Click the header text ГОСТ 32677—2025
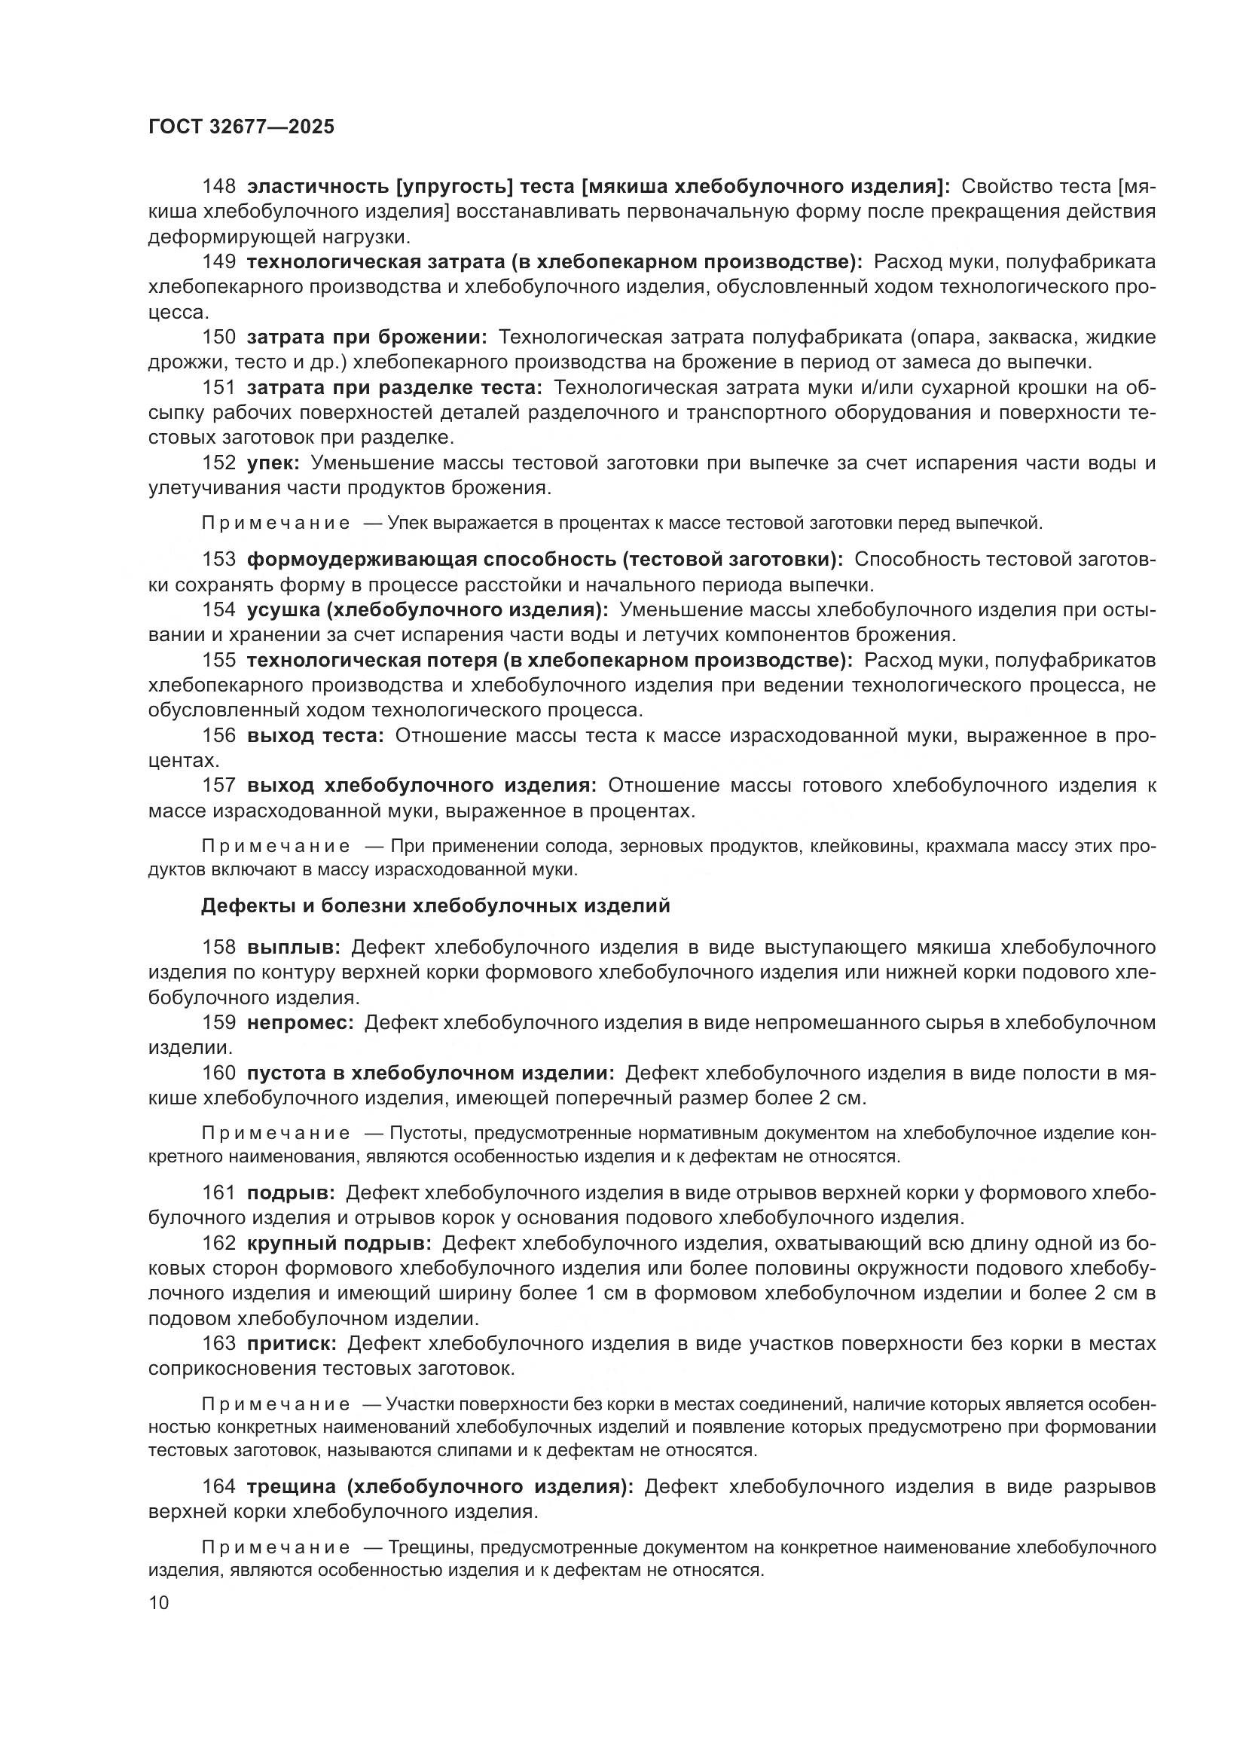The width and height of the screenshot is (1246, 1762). pyautogui.click(x=241, y=127)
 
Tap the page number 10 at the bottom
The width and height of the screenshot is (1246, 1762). pyautogui.click(x=159, y=1602)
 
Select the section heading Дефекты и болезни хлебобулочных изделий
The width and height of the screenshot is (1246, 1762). pyautogui.click(x=435, y=906)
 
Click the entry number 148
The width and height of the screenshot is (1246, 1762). pyautogui.click(x=218, y=187)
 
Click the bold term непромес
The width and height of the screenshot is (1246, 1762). pyautogui.click(x=299, y=1023)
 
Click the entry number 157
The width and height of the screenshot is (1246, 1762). pyautogui.click(x=218, y=786)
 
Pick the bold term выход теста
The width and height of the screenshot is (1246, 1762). pyautogui.click(x=314, y=736)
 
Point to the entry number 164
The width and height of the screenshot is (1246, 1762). pyautogui.click(x=218, y=1486)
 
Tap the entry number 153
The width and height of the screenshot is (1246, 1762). pyautogui.click(x=218, y=560)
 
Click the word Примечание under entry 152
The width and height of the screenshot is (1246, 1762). pyautogui.click(x=276, y=524)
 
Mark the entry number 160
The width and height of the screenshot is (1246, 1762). pyautogui.click(x=218, y=1073)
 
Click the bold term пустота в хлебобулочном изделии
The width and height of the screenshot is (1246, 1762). pyautogui.click(x=429, y=1073)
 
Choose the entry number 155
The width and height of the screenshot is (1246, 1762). pyautogui.click(x=218, y=660)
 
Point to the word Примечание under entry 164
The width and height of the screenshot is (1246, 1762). pyautogui.click(x=276, y=1547)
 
